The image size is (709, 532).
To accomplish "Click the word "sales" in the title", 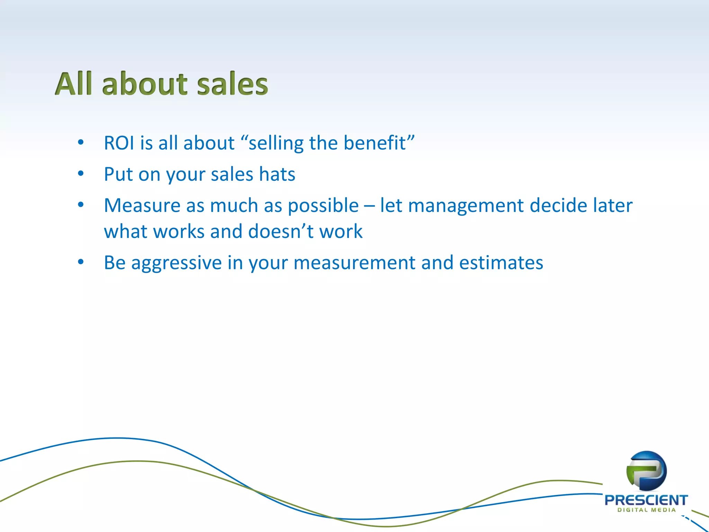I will coord(232,84).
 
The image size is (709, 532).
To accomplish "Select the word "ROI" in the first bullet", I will coord(119,143).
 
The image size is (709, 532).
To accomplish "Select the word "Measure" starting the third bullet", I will coord(142,205).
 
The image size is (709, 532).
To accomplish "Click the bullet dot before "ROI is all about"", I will coord(81,142).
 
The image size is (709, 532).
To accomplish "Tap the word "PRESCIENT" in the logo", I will coord(646,500).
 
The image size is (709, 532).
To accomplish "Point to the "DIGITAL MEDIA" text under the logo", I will coord(646,510).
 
